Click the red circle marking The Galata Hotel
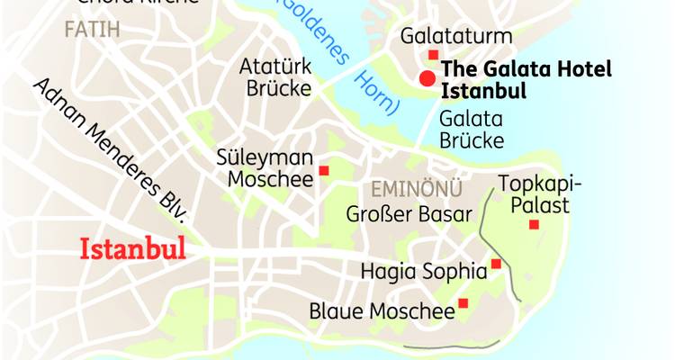(427, 76)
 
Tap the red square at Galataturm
(433, 56)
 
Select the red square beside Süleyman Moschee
(324, 170)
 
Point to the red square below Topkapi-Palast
(534, 224)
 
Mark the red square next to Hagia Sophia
(496, 264)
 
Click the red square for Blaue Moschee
(463, 303)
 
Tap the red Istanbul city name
(133, 247)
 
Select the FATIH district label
(92, 30)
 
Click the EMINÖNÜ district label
(417, 189)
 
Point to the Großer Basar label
(409, 214)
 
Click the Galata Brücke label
(471, 130)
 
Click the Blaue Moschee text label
(382, 311)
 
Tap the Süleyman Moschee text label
(265, 168)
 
